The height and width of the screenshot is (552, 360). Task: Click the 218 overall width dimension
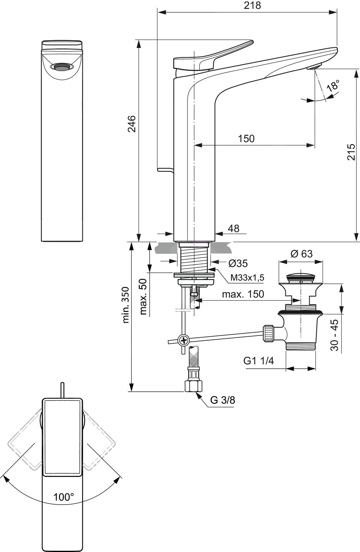coord(252,5)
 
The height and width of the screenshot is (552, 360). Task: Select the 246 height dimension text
coord(132,123)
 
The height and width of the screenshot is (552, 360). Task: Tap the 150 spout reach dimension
coord(246,139)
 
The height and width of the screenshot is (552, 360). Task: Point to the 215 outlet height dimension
coord(351,152)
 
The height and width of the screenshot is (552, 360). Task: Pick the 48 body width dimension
coord(233,229)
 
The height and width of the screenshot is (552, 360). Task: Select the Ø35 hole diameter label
coord(238,263)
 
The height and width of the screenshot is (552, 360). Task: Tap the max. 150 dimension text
coord(243,294)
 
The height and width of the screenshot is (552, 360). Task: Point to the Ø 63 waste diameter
coord(301,254)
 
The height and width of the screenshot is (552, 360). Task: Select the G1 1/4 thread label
coord(259,361)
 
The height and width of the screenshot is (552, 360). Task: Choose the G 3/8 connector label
coord(223,400)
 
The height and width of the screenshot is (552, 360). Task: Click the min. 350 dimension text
coord(126,305)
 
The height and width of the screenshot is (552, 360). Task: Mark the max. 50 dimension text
coord(144,296)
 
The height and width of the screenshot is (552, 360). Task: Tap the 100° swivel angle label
coord(64,497)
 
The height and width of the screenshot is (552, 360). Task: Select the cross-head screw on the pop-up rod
coord(183,340)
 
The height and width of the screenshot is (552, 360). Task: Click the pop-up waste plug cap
coord(301,276)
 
